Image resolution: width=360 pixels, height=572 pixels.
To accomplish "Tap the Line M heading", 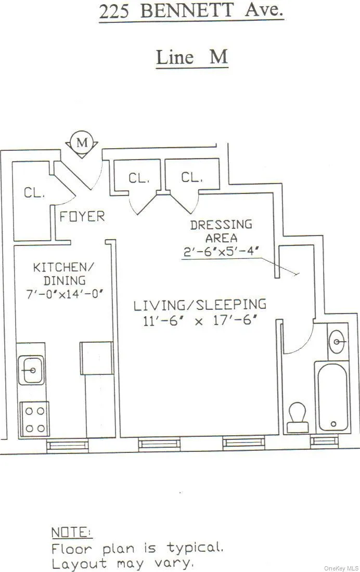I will coord(192,57).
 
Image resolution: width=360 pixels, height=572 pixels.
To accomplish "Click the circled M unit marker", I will coord(82,142).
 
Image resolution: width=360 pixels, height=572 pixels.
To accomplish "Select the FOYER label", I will coord(82,216).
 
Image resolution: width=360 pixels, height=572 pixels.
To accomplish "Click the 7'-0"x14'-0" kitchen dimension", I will coord(66,294).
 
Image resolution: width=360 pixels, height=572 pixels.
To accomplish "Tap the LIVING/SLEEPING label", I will coord(200,305).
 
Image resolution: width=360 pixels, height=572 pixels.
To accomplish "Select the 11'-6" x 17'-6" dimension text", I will coord(200,321).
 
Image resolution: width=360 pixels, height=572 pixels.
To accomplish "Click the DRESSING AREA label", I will coord(221,231).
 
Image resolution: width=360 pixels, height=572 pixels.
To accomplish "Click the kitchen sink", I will coord(31,370).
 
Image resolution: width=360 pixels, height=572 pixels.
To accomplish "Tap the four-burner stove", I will coord(34,419).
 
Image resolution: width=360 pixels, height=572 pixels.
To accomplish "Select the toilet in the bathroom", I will coord(298,417).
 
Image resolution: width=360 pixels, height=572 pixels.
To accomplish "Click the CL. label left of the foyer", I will coord(34,193).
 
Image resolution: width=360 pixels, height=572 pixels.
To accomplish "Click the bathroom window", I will coord(324,441).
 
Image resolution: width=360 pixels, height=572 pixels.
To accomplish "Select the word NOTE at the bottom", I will coord(71,532).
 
